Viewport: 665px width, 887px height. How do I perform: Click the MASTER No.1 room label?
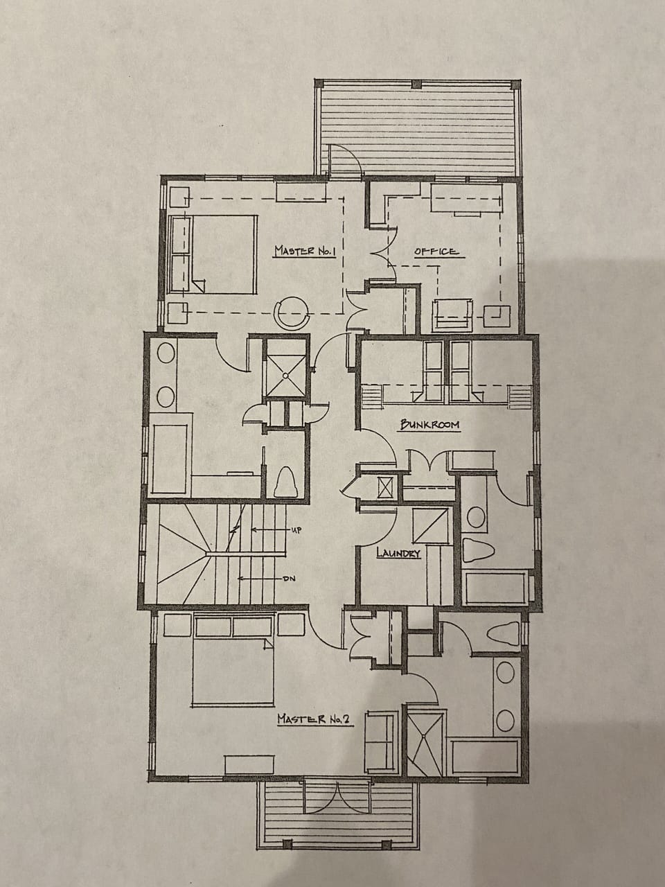(305, 250)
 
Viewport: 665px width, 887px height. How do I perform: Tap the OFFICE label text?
(436, 251)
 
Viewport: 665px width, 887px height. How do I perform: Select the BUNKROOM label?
(429, 425)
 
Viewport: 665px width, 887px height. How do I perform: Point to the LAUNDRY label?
(398, 553)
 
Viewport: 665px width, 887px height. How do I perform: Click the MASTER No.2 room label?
(316, 720)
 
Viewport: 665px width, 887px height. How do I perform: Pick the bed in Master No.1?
(215, 254)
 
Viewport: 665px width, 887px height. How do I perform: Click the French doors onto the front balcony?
(336, 798)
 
